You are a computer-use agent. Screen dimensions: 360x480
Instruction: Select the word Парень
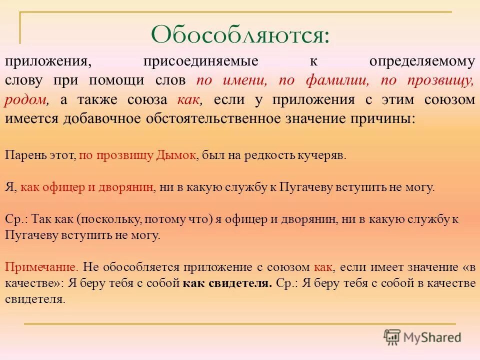(22, 155)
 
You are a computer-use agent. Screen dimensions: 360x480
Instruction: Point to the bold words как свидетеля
(227, 283)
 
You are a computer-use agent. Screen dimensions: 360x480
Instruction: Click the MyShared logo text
(432, 337)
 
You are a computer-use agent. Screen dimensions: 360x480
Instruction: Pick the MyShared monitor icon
(392, 336)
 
